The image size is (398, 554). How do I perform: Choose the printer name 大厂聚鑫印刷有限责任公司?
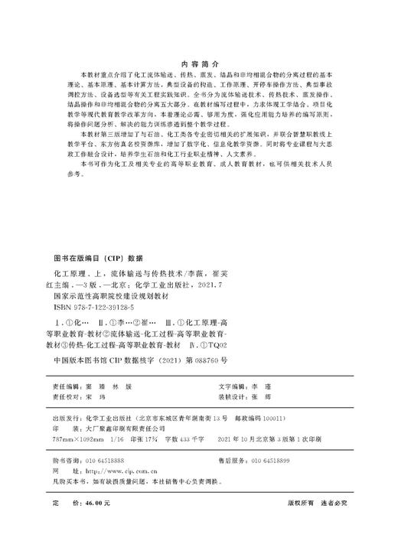[x=125, y=430]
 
